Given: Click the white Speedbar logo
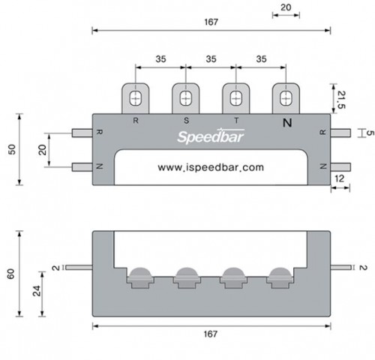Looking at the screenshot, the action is pos(211,136).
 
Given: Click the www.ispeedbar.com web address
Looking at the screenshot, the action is pos(211,167).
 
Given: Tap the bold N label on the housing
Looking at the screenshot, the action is pos(287,123).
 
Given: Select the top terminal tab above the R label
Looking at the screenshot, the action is pos(136,98).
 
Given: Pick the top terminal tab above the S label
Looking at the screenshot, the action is pos(186,98).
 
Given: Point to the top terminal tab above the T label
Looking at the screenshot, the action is pos(236,98).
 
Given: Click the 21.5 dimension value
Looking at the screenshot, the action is pos(341,100).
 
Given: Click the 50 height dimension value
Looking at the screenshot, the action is pos(12,149).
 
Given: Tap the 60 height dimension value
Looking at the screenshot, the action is pos(10,274).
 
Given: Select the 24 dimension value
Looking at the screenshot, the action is pos(37,291).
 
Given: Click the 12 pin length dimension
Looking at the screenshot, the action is pos(339,178).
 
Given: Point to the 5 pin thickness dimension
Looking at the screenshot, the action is pos(370,133).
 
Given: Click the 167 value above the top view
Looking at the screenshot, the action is pos(211,22).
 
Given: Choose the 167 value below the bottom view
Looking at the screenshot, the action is pos(211,334).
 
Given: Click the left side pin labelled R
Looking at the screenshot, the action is pos(82,133).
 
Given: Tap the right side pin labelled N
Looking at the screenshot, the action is pos(340,167).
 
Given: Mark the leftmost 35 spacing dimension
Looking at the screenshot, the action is pos(160,59).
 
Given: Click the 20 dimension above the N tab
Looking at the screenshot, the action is pos(286,7).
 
